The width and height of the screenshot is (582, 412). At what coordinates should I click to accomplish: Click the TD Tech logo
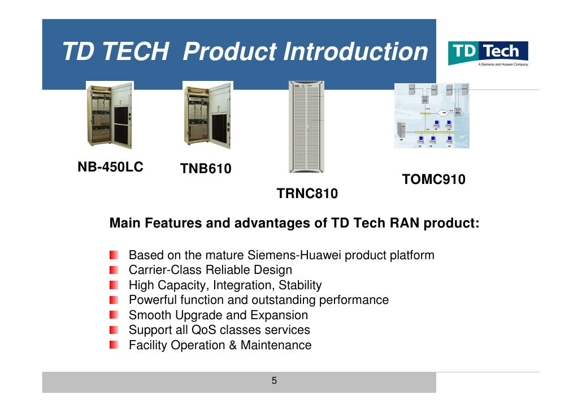tap(488, 52)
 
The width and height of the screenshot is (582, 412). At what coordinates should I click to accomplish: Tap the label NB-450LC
tap(110, 167)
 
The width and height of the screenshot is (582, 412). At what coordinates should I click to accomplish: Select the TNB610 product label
tap(206, 169)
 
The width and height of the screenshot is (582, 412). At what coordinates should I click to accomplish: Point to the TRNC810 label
tap(307, 194)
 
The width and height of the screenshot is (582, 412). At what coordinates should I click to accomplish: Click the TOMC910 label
tap(433, 180)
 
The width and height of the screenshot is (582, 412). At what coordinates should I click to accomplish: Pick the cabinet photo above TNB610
tap(207, 117)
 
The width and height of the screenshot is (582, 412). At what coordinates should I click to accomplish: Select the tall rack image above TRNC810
tap(306, 127)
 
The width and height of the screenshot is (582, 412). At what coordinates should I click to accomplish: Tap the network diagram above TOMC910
tap(432, 115)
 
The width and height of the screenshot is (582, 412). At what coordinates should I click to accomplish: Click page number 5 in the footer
tap(274, 381)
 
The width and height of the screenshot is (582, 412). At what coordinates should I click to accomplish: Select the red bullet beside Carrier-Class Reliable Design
tap(115, 270)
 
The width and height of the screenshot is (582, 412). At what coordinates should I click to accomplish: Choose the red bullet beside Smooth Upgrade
tap(115, 315)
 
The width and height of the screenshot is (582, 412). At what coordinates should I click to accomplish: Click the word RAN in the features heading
tap(405, 223)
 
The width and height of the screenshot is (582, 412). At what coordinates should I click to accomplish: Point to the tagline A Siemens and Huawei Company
tap(503, 65)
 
